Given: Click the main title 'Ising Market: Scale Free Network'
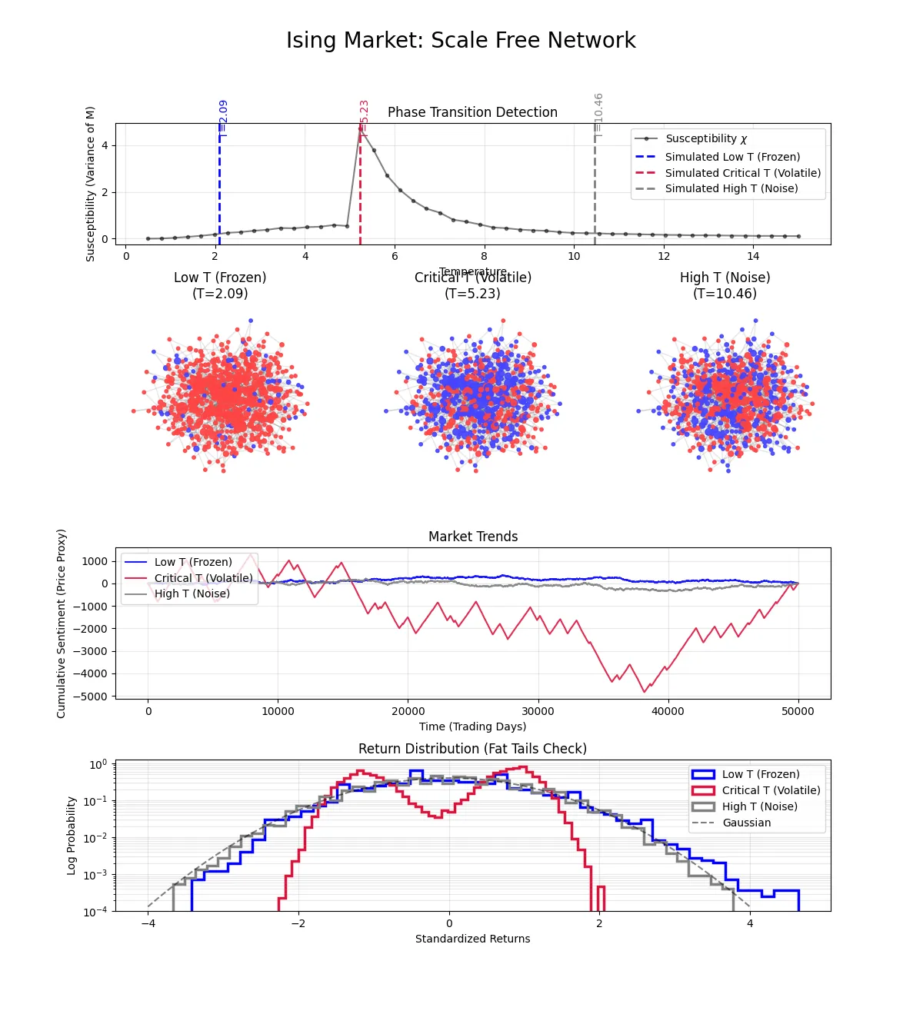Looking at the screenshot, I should (461, 40).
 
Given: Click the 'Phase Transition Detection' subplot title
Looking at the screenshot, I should (472, 112).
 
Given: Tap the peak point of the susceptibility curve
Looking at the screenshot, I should (361, 128).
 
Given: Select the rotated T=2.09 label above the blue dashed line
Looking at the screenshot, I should (223, 118).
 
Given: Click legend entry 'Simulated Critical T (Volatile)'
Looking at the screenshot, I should (742, 173).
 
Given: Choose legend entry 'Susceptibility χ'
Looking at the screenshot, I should (705, 138).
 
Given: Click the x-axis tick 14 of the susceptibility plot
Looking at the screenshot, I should (753, 256).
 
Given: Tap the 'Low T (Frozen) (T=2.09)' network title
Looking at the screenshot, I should (220, 285).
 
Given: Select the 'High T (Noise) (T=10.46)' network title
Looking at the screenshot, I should (725, 285).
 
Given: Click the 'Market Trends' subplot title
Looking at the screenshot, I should (473, 537).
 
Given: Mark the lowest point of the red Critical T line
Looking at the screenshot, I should (645, 692).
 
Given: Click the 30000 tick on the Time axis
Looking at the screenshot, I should (538, 711).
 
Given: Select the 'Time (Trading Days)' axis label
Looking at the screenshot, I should (472, 726).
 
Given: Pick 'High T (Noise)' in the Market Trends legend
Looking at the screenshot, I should (192, 593).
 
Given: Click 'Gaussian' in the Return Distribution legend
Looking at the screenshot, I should (746, 823).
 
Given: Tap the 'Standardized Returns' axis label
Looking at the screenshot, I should (472, 939).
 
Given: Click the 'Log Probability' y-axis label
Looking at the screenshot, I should (72, 836).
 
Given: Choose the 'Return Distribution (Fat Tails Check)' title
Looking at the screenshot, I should (472, 749).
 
